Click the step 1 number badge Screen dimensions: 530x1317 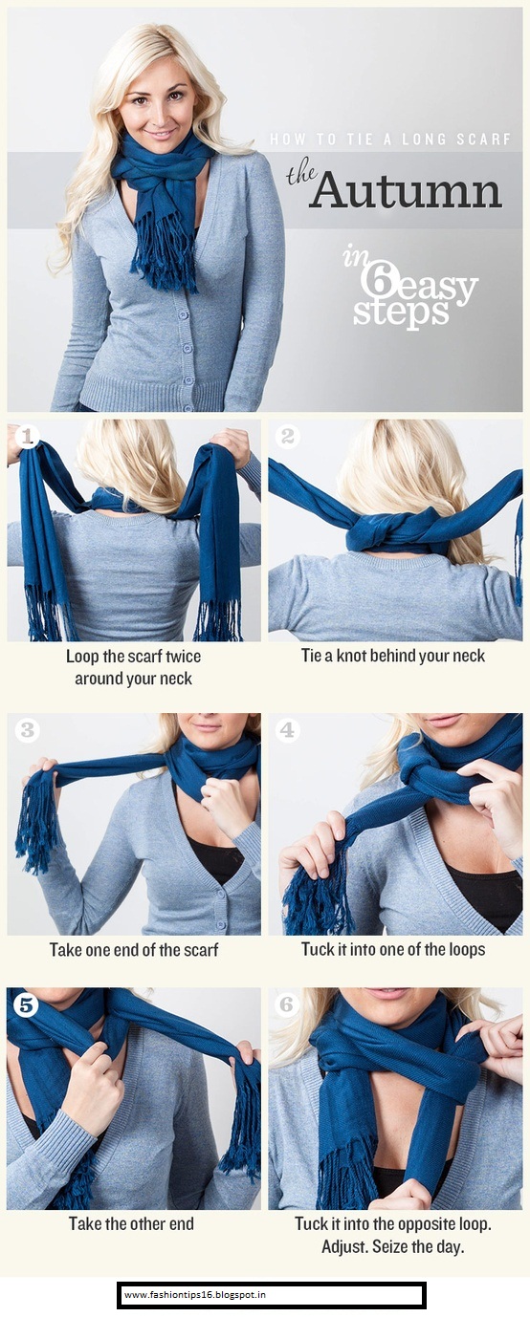point(27,436)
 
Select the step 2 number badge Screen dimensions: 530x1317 point(288,436)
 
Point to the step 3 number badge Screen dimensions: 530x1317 point(27,730)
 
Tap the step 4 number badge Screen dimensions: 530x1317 point(287,730)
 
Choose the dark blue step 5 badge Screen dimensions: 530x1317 point(27,1004)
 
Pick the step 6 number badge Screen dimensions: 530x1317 point(287,1004)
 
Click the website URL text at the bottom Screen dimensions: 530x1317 point(195,1294)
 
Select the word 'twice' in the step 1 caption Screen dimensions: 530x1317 point(183,657)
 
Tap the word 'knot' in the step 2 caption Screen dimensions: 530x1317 point(351,656)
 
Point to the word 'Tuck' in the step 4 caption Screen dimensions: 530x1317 point(318,950)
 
